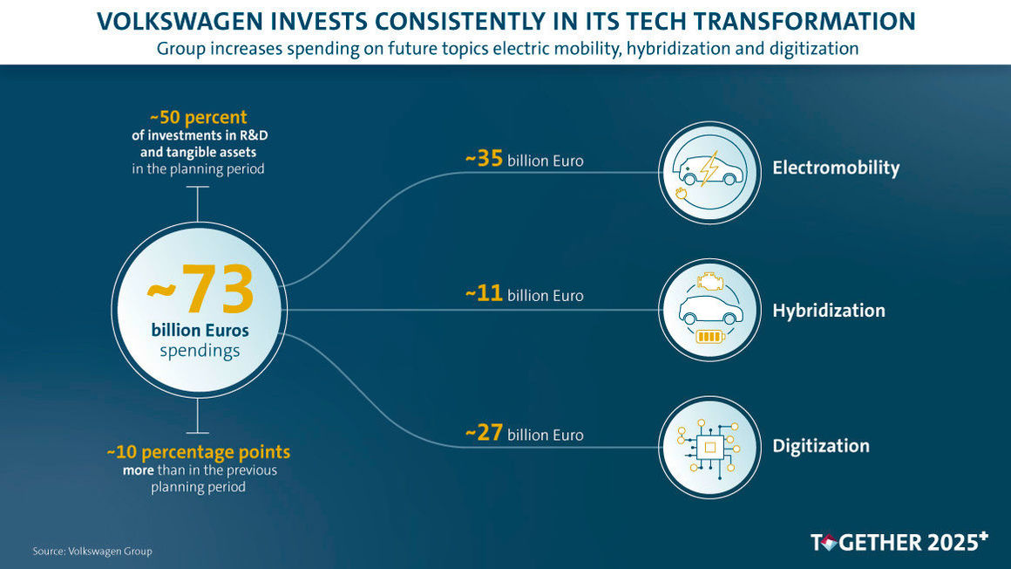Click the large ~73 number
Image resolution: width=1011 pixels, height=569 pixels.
click(x=200, y=291)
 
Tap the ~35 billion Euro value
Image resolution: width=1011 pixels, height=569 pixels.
click(x=524, y=160)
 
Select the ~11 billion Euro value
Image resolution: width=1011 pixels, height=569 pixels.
click(x=524, y=294)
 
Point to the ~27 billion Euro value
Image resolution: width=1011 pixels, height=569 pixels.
click(x=524, y=434)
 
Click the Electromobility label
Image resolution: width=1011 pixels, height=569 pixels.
click(x=835, y=168)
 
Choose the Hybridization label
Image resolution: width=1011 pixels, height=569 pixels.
click(x=828, y=311)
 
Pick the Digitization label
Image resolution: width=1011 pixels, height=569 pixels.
click(x=820, y=446)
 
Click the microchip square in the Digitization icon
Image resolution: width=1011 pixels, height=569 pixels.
click(x=710, y=447)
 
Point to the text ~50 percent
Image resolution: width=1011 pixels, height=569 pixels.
click(x=198, y=117)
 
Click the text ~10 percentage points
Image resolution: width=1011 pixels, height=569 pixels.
click(x=198, y=453)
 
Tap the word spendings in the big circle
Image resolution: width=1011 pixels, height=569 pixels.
click(x=200, y=351)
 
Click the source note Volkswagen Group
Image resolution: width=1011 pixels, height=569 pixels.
click(x=92, y=551)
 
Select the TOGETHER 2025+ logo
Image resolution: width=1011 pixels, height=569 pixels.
click(x=899, y=542)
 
